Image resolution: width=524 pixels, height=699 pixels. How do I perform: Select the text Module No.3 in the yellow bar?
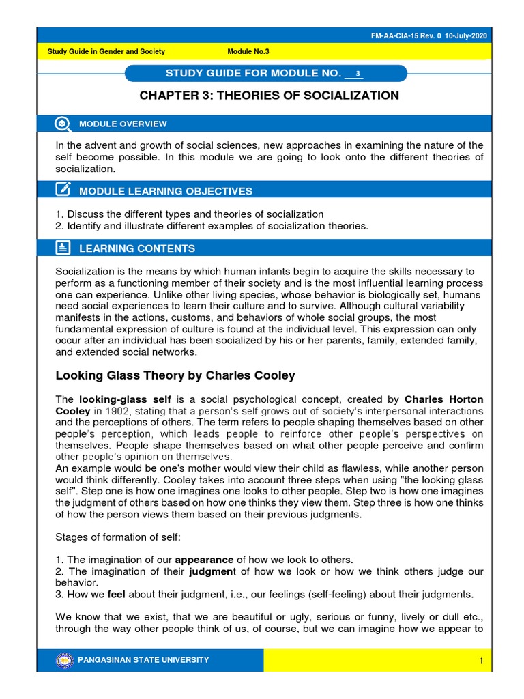pos(248,52)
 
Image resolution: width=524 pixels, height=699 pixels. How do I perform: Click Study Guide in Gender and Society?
pos(106,52)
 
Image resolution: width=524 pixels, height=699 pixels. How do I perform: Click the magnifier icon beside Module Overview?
pos(62,124)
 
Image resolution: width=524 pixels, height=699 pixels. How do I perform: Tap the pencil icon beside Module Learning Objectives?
pos(62,190)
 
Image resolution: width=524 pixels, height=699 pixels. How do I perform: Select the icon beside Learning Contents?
pos(62,248)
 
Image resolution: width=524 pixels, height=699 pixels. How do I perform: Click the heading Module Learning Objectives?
pos(166,191)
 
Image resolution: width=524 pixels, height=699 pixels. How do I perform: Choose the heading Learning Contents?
pos(137,248)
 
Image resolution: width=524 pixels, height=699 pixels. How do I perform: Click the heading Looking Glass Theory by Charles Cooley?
pos(175,375)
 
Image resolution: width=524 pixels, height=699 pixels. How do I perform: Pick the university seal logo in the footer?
pos(64,660)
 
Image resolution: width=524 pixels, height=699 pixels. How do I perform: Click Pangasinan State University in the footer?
pos(144,660)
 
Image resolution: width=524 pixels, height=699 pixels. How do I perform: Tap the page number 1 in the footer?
pos(481,661)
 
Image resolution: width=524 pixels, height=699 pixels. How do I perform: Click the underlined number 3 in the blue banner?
pos(357,74)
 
